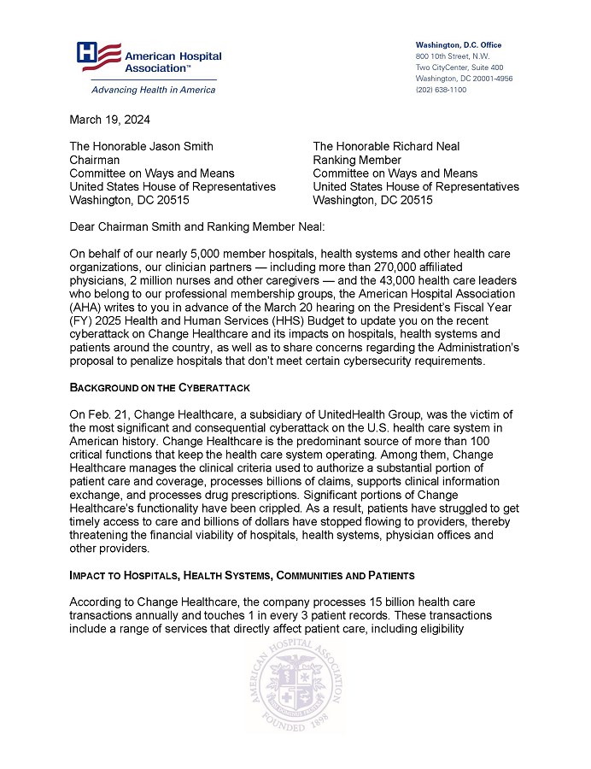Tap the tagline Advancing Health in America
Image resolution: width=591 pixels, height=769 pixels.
coord(142,90)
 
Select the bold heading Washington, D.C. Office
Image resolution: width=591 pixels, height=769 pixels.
coord(458,44)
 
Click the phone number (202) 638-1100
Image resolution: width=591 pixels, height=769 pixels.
coord(441,89)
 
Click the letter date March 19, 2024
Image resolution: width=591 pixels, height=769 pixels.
coord(109,120)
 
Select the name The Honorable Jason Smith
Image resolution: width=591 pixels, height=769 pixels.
coord(141,146)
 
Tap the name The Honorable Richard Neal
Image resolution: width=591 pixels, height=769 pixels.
coord(386,146)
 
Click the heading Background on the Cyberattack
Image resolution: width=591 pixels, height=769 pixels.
coord(159,388)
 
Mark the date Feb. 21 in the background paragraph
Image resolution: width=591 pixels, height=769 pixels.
coord(107,414)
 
